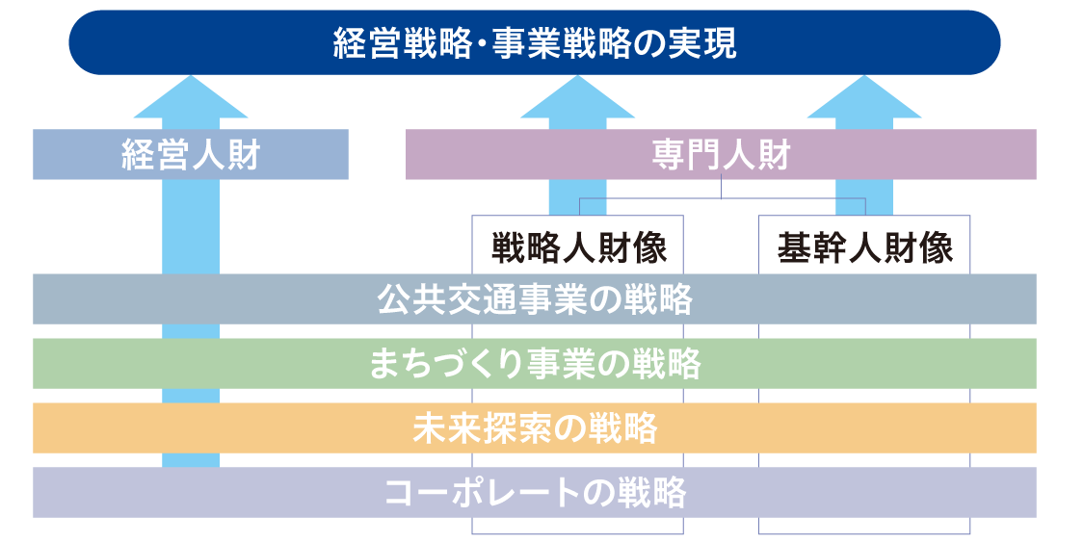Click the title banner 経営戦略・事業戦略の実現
click(535, 43)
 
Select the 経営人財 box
click(191, 154)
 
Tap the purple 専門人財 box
click(721, 154)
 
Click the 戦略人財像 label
click(578, 248)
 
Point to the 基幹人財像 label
click(864, 248)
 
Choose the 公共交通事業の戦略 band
click(535, 299)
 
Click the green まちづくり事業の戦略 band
click(535, 364)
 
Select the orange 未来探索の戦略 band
click(535, 427)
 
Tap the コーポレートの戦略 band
click(535, 492)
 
